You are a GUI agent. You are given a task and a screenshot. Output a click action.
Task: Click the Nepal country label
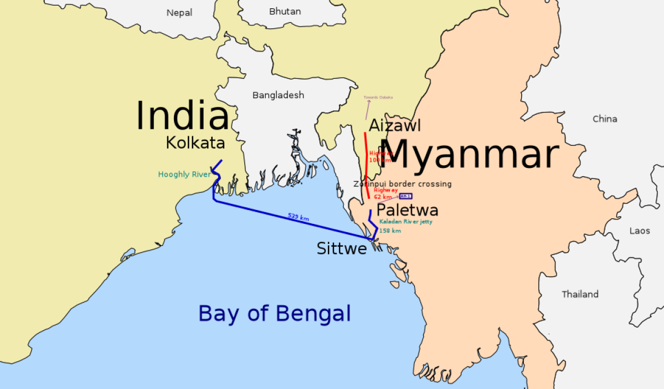(179, 13)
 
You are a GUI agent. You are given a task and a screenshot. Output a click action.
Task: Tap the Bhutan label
(285, 11)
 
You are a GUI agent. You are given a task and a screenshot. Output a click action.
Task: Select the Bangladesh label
(278, 95)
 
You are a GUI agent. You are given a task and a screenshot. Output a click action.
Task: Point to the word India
(182, 116)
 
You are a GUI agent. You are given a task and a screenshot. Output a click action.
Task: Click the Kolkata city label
(195, 143)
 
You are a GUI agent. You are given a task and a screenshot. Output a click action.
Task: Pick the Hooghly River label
(184, 175)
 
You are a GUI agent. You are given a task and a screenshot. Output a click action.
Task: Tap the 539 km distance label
(298, 217)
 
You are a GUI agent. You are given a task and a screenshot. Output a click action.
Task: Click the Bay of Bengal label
(275, 314)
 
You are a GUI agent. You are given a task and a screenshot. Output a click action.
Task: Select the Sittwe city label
(342, 249)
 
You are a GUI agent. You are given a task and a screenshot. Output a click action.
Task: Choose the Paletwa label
(407, 211)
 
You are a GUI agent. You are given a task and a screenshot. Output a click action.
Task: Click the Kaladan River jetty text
(406, 222)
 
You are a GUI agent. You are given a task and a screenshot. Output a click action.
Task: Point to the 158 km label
(390, 231)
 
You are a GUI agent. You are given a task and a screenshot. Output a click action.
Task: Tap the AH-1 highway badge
(406, 196)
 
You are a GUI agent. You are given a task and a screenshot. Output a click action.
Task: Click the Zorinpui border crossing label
(403, 184)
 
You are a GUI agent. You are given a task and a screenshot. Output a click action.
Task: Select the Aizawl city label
(395, 125)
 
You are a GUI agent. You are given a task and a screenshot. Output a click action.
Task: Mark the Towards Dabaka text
(378, 97)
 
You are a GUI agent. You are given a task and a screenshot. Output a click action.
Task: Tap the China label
(605, 119)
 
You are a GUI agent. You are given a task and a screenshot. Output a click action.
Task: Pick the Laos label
(640, 230)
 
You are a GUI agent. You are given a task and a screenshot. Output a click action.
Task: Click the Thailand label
(580, 294)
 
